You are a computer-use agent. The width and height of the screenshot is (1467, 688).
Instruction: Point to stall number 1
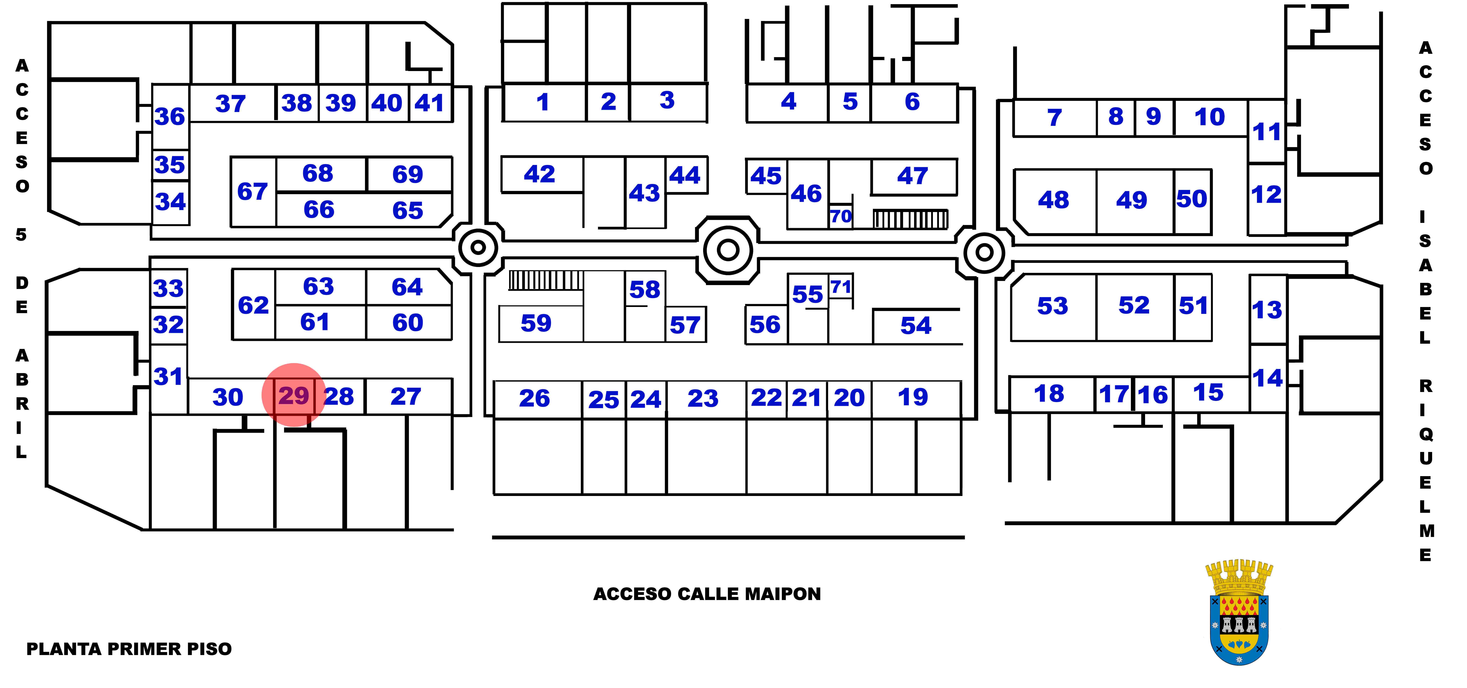[x=543, y=102]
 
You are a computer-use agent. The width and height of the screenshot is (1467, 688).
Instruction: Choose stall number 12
[x=1266, y=195]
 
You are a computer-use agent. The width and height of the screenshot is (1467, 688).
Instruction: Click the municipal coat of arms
[x=1239, y=612]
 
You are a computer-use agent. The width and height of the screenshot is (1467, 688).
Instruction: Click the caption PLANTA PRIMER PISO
[x=129, y=649]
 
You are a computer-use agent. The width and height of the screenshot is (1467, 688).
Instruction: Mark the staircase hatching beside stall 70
[x=910, y=219]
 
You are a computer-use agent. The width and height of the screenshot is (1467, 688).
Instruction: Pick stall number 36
[x=170, y=117]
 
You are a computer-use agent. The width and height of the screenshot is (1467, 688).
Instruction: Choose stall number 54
[x=916, y=326]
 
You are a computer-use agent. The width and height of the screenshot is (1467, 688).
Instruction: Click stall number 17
[x=1113, y=394]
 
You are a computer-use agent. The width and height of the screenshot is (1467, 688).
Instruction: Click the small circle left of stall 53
[x=984, y=252]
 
